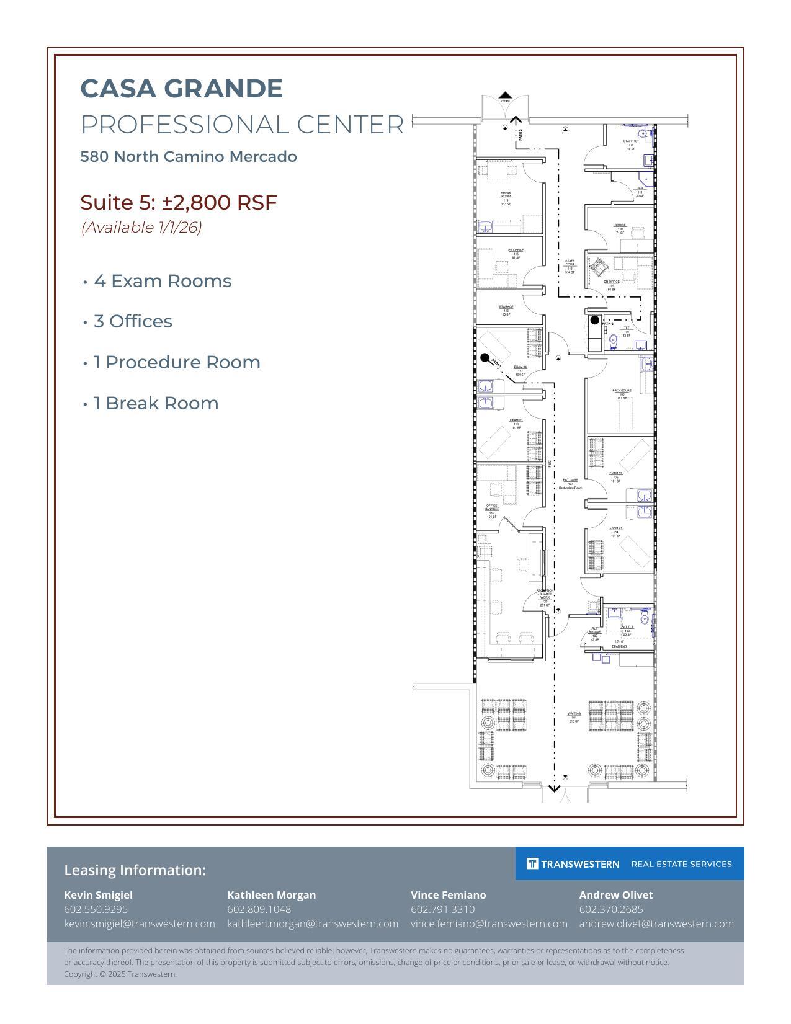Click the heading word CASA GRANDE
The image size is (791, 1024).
tap(181, 89)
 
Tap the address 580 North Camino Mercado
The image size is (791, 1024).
tap(189, 157)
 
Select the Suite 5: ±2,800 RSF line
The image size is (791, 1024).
tap(179, 203)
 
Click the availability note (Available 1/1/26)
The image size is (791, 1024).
tap(141, 228)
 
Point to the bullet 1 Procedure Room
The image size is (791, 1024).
tap(176, 362)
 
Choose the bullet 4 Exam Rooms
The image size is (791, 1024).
tap(162, 281)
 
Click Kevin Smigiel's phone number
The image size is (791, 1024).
tap(96, 909)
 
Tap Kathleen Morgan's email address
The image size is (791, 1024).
tap(312, 924)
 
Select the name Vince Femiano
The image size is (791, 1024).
tap(448, 895)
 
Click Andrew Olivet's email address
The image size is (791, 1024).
tap(656, 924)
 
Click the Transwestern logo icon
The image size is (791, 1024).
tap(532, 863)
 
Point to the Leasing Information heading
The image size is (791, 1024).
tap(135, 870)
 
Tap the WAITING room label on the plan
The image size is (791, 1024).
tap(574, 714)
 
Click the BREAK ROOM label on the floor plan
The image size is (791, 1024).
tap(506, 195)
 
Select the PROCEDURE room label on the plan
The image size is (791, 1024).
tap(622, 391)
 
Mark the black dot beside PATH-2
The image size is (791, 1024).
tap(594, 320)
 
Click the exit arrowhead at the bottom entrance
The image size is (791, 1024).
tap(554, 789)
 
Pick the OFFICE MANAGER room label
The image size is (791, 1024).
tap(491, 507)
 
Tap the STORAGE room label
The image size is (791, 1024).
tap(506, 307)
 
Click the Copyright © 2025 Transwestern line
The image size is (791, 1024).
tap(120, 974)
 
